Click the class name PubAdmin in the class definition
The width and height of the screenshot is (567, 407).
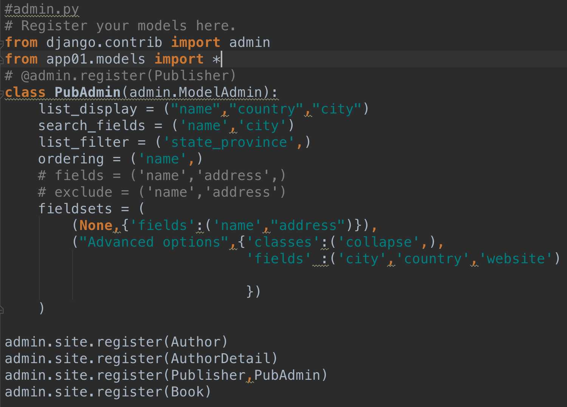[87, 92]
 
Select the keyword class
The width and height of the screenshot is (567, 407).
[25, 92]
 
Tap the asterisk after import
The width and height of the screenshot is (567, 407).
[217, 59]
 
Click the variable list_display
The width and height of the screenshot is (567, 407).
[88, 109]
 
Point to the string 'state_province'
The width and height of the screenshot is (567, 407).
[229, 142]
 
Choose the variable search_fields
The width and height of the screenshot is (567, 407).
[91, 126]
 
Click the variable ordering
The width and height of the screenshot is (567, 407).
[71, 159]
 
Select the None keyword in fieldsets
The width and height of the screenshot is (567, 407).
[96, 225]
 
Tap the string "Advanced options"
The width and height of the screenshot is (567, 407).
[154, 242]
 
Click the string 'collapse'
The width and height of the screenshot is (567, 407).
[379, 242]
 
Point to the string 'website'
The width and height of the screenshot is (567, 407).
[516, 259]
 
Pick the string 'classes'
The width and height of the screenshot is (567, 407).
[283, 242]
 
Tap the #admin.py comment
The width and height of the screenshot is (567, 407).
[42, 9]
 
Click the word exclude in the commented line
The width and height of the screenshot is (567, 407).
[83, 192]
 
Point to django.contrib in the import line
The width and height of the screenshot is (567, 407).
[104, 42]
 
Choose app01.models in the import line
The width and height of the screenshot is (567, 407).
[96, 59]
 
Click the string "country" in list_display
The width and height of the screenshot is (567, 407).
[266, 109]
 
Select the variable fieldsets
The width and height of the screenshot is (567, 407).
[75, 209]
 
